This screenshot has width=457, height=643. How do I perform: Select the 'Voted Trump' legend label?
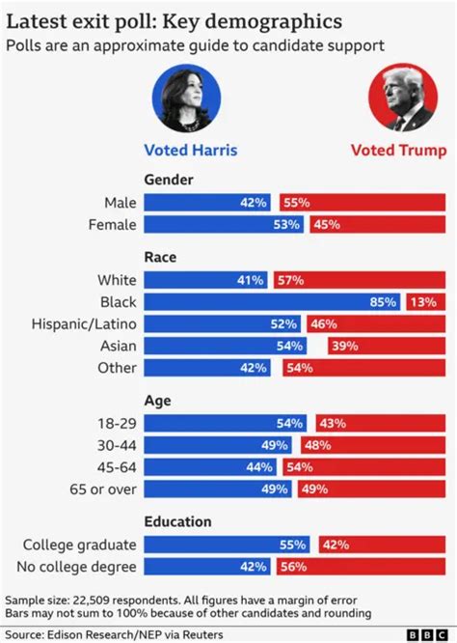click(x=398, y=150)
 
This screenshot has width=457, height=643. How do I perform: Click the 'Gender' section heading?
click(x=169, y=180)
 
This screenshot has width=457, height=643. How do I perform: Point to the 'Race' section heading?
click(x=159, y=258)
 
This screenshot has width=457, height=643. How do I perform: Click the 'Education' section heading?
click(x=178, y=521)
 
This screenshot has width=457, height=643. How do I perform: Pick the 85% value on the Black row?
click(x=383, y=302)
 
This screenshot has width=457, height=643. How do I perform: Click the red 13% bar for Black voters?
click(x=425, y=302)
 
